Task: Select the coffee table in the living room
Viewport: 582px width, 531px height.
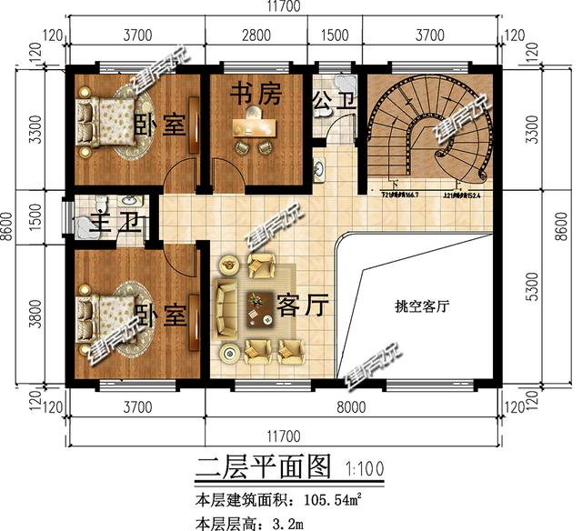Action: tap(262, 308)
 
